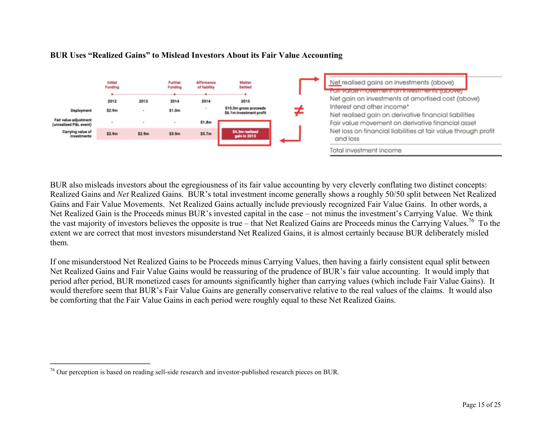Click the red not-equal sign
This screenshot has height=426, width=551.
pos(299,111)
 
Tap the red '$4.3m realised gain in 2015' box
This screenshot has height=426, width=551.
pos(245,134)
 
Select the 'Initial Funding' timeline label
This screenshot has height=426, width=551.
pos(112,85)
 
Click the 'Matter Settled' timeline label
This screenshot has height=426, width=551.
pos(245,85)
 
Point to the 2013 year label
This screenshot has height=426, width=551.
pos(143,101)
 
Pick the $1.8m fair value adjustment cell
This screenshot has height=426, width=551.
pos(206,122)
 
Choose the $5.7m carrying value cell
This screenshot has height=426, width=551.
pos(206,134)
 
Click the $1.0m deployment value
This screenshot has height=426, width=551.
pos(174,110)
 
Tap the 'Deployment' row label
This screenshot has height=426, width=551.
pos(81,110)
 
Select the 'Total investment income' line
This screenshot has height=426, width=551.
pos(365,150)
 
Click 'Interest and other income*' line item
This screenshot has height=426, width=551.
pos(369,107)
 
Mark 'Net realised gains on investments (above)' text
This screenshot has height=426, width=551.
pos(392,83)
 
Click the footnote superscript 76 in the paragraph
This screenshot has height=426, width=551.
pos(471,221)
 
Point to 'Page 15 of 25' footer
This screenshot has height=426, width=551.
pos(481,405)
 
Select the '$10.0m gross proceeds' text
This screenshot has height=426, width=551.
pos(245,108)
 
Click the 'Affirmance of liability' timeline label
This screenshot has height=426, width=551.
pos(206,85)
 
